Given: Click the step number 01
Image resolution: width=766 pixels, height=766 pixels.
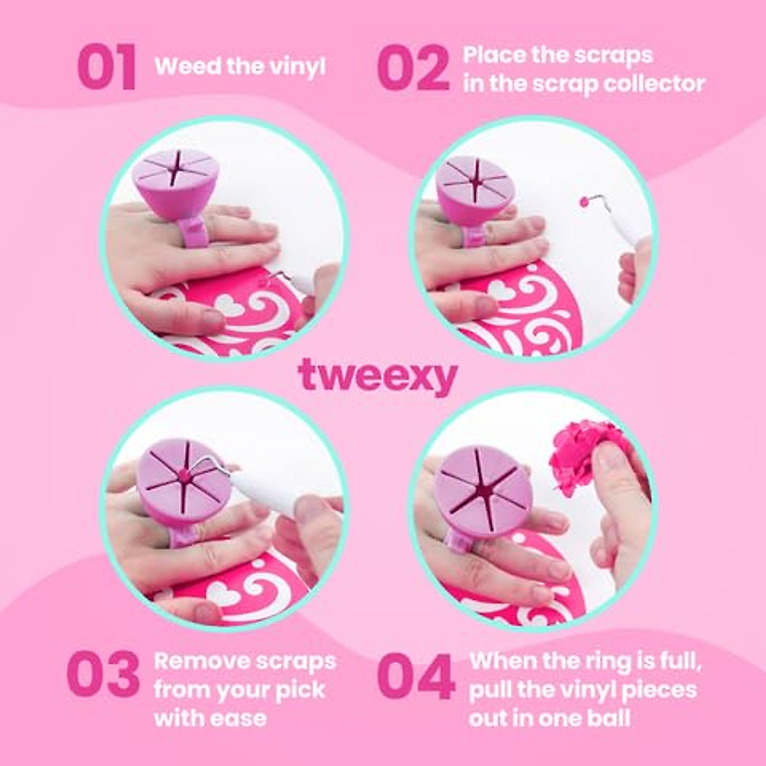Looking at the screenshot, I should [x=107, y=67].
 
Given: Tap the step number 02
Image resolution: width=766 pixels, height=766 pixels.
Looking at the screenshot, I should [x=413, y=68].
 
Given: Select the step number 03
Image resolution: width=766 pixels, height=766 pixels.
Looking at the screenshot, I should [x=103, y=675].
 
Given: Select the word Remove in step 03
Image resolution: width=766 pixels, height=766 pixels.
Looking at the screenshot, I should [x=195, y=661].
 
